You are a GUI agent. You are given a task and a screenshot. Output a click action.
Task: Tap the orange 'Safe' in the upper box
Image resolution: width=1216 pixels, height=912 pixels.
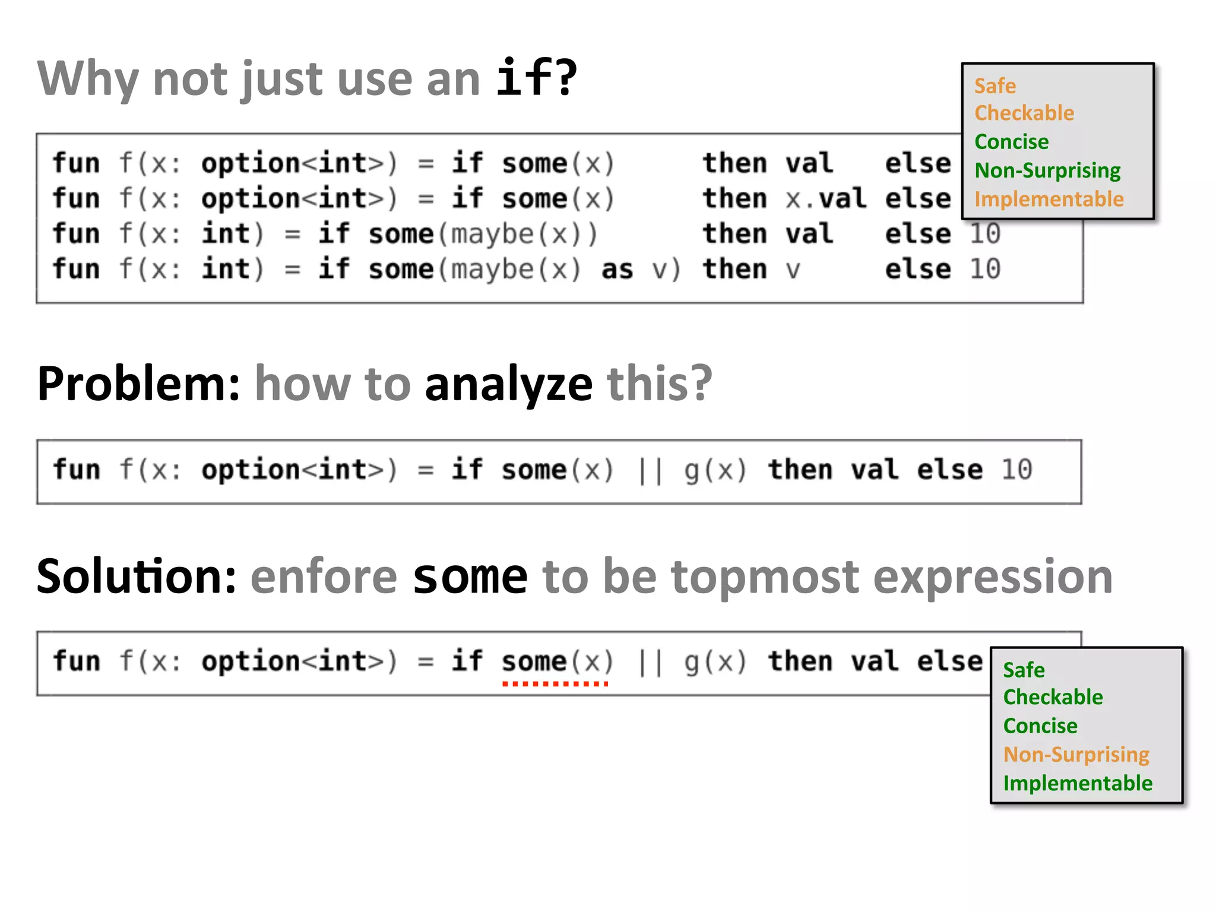pyautogui.click(x=995, y=86)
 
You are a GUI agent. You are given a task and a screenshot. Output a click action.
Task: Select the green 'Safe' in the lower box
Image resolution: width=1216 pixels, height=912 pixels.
pyautogui.click(x=1024, y=670)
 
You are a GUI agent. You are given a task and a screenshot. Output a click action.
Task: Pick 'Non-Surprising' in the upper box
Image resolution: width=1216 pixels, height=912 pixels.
pyautogui.click(x=1047, y=170)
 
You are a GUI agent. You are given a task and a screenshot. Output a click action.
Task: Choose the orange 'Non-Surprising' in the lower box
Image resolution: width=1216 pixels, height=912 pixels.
pyautogui.click(x=1076, y=754)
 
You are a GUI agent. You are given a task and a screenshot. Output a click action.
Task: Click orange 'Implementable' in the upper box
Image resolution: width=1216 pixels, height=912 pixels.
pyautogui.click(x=1049, y=199)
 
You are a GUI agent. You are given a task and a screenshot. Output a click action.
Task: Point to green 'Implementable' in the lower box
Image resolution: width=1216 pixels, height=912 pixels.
pyautogui.click(x=1077, y=783)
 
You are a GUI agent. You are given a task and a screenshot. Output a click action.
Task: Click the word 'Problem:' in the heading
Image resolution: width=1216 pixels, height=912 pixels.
pyautogui.click(x=138, y=384)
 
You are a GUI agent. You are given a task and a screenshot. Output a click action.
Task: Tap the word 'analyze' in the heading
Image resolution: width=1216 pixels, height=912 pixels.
pyautogui.click(x=509, y=384)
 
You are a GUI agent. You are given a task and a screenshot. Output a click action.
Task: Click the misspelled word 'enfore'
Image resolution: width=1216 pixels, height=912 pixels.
pyautogui.click(x=324, y=577)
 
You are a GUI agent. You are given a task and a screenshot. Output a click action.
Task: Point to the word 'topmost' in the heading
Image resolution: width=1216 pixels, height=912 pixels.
pyautogui.click(x=765, y=577)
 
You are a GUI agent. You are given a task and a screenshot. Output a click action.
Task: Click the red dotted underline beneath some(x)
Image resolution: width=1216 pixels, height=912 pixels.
pyautogui.click(x=555, y=684)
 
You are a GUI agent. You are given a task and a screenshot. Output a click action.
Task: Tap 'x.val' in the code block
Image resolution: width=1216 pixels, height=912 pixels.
pyautogui.click(x=825, y=198)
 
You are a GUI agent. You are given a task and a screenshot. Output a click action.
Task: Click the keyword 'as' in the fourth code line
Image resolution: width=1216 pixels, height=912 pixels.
pyautogui.click(x=617, y=270)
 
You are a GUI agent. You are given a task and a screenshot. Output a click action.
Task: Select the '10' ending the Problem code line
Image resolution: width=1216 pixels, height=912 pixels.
pyautogui.click(x=1016, y=470)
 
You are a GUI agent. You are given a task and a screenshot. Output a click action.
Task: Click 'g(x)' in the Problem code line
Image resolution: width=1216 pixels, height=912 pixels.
pyautogui.click(x=715, y=470)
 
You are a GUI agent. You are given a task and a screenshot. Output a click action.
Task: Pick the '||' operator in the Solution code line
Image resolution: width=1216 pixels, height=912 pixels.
pyautogui.click(x=650, y=661)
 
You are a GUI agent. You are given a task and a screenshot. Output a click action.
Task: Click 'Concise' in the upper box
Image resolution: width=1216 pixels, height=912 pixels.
pyautogui.click(x=1011, y=142)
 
